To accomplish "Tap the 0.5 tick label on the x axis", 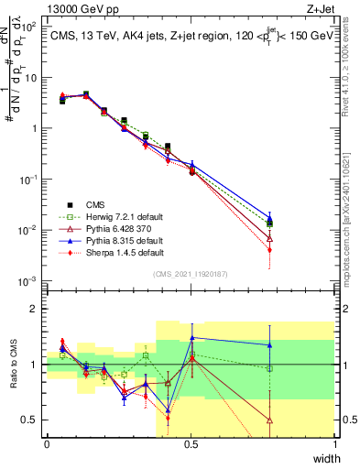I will tap(191, 444).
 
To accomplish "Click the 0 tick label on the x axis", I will tap(47, 444).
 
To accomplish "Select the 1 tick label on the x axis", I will tap(334, 444).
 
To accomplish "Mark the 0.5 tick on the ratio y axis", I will tap(32, 420).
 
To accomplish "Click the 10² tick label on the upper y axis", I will tap(31, 27).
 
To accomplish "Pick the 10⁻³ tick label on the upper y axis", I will tap(31, 280).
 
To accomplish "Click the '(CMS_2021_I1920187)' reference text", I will tap(190, 273).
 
